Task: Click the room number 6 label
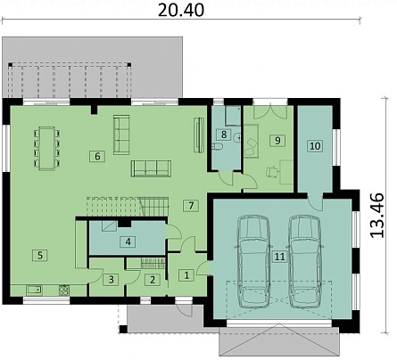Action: coord(97,156)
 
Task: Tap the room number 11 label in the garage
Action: coord(280,257)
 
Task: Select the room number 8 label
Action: coord(224,135)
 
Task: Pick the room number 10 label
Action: coord(315,146)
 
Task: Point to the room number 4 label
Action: coord(128,241)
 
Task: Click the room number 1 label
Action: coord(186,275)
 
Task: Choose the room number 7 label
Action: coord(191,205)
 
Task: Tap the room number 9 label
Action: coord(277,140)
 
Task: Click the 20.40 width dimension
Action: coord(180,11)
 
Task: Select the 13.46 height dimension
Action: coord(377,215)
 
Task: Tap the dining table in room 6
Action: coord(46,148)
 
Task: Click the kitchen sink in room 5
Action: coord(34,290)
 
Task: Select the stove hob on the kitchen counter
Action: coord(63,290)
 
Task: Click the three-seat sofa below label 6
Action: coord(151,168)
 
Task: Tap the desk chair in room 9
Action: coord(272,171)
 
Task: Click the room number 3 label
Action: coord(111,280)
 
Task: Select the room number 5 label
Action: coord(40,255)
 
